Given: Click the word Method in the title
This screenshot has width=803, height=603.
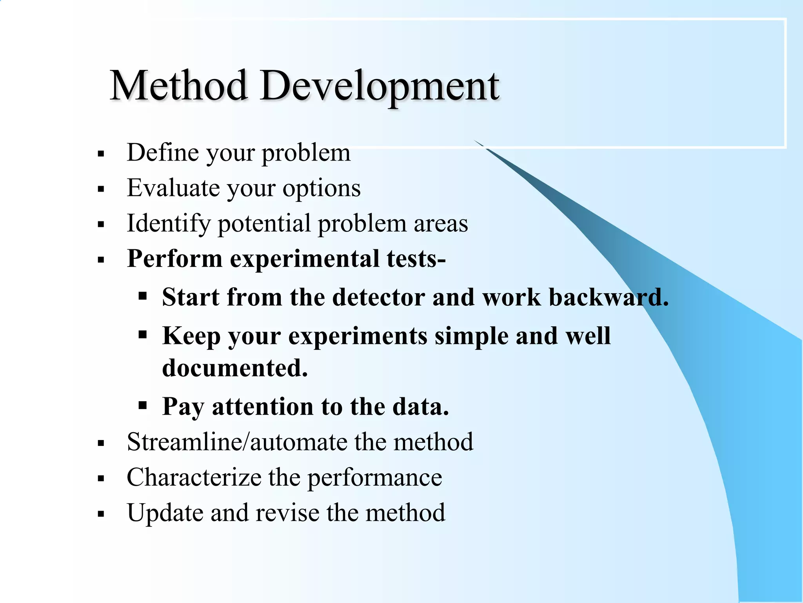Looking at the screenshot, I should pyautogui.click(x=178, y=86).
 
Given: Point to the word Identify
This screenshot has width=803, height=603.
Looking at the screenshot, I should pyautogui.click(x=169, y=224).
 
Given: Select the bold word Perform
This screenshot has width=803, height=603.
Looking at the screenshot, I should pyautogui.click(x=175, y=259).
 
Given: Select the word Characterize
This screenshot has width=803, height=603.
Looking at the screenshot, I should pyautogui.click(x=194, y=477).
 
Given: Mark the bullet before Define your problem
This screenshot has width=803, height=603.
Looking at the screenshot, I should pyautogui.click(x=101, y=154).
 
